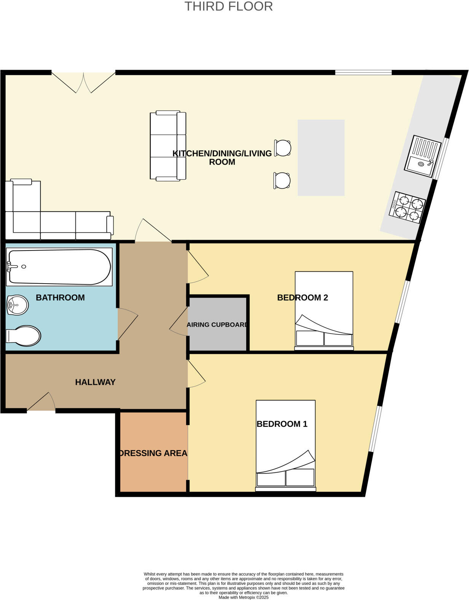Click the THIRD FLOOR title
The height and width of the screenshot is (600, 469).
228,6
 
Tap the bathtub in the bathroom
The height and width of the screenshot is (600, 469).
59,267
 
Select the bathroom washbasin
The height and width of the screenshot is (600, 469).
17,305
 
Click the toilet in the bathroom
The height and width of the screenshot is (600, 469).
24,335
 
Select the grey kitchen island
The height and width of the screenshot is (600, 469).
321,158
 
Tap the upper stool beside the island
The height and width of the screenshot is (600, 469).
283,148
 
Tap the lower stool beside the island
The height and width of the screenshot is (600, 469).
282,180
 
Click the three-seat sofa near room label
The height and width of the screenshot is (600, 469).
167,145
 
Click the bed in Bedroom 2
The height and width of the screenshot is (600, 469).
324,310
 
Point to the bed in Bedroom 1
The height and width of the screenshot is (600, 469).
286,445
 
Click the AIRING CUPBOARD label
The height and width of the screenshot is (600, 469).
217,325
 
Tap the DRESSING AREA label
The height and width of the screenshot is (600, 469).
153,453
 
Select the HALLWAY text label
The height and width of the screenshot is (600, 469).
95,382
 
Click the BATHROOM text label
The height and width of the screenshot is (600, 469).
60,298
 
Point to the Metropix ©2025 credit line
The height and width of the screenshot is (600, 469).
244,597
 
